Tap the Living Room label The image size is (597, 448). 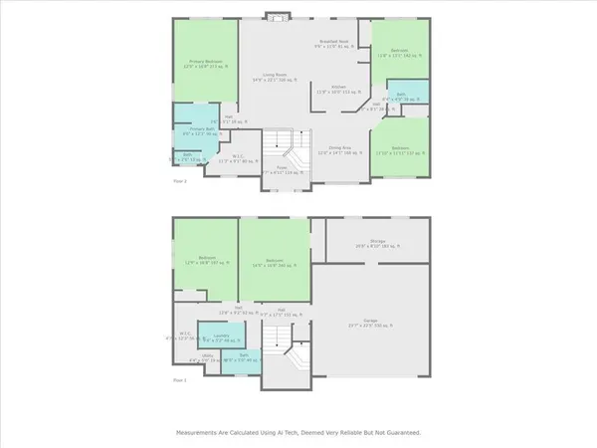point(276,77)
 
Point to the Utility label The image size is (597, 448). point(207,359)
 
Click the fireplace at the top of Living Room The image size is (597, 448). point(278,16)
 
